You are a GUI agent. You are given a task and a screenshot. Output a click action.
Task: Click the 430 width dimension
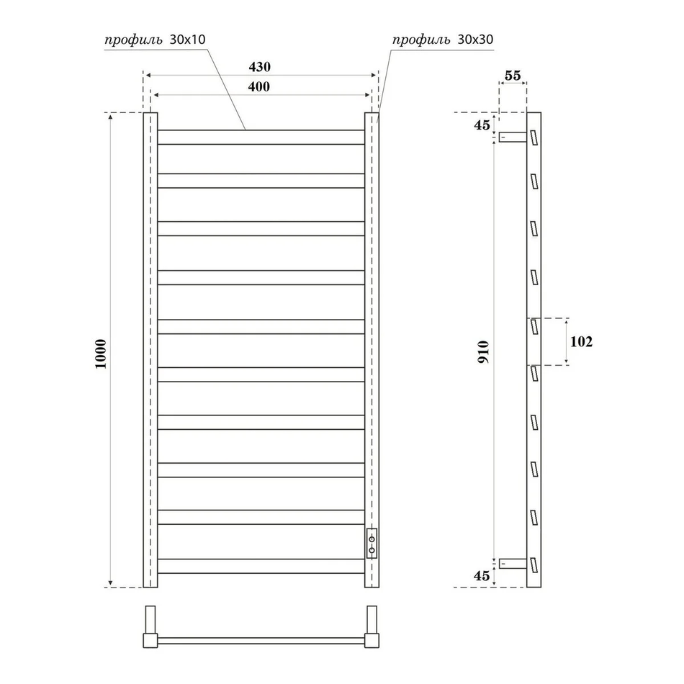click(259, 67)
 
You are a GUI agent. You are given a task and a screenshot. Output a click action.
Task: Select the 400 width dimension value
click(259, 86)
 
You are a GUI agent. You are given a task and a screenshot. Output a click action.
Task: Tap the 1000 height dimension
click(101, 354)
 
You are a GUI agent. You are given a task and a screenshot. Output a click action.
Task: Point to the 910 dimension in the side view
click(484, 353)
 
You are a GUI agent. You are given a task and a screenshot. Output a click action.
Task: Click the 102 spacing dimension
click(582, 341)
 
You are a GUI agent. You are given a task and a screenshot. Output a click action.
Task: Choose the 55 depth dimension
click(513, 76)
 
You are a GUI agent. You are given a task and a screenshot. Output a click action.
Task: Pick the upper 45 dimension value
click(482, 125)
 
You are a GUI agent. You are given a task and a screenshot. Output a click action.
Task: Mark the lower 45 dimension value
click(482, 576)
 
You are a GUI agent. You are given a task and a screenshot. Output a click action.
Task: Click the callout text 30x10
click(188, 40)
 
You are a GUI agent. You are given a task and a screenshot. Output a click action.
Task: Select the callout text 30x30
click(475, 40)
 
